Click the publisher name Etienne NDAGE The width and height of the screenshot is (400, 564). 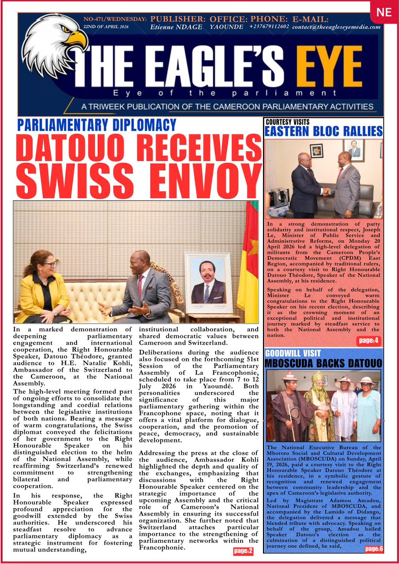click(x=176, y=27)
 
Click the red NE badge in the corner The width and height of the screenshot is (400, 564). click(x=384, y=12)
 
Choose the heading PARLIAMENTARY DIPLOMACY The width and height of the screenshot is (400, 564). click(x=96, y=125)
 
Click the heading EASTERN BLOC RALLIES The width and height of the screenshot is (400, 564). click(x=323, y=131)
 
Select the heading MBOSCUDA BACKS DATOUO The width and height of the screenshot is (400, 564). click(x=323, y=364)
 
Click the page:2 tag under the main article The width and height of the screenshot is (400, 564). click(x=243, y=551)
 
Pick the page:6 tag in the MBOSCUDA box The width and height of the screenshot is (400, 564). click(x=373, y=549)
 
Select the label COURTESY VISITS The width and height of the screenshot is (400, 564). click(x=287, y=122)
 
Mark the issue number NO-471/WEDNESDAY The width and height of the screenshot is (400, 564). click(x=115, y=19)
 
